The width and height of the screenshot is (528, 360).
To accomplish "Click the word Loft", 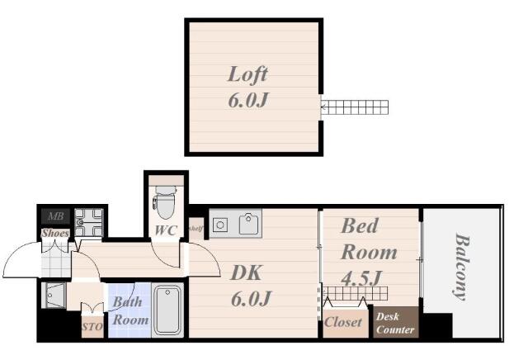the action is pos(247,74).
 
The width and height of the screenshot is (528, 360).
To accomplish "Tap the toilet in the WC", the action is pos(165,202).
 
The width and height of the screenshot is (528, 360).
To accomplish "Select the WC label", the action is pos(166,230).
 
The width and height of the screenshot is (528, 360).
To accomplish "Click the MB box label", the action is pos(55,216).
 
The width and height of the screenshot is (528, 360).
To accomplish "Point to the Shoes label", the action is pos(55,233).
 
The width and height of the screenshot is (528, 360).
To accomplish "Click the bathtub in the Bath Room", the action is pos(167,310).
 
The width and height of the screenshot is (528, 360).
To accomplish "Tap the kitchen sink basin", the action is pos(248,224).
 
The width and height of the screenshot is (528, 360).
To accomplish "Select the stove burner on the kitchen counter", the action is pos(220,225).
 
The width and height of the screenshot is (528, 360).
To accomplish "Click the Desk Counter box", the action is pos(396,322).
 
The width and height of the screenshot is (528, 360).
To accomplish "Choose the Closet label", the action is pos(343,322).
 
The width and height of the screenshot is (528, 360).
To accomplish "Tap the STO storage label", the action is pos(92,327).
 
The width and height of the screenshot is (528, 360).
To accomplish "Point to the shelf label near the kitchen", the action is pos(196,229).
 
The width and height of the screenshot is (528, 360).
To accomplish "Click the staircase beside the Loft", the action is pos(354,107).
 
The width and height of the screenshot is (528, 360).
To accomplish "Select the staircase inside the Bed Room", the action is pos(355,294).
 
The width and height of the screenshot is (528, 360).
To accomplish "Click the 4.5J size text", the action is pos(361,278).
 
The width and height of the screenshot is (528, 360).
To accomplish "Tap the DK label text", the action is pos(246,273).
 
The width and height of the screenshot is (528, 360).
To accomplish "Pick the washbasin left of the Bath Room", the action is pos(55,296).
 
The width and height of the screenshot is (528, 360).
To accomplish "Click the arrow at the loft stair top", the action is pos(323,108).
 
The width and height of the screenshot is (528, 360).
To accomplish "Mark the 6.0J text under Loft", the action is pos(248,100).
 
